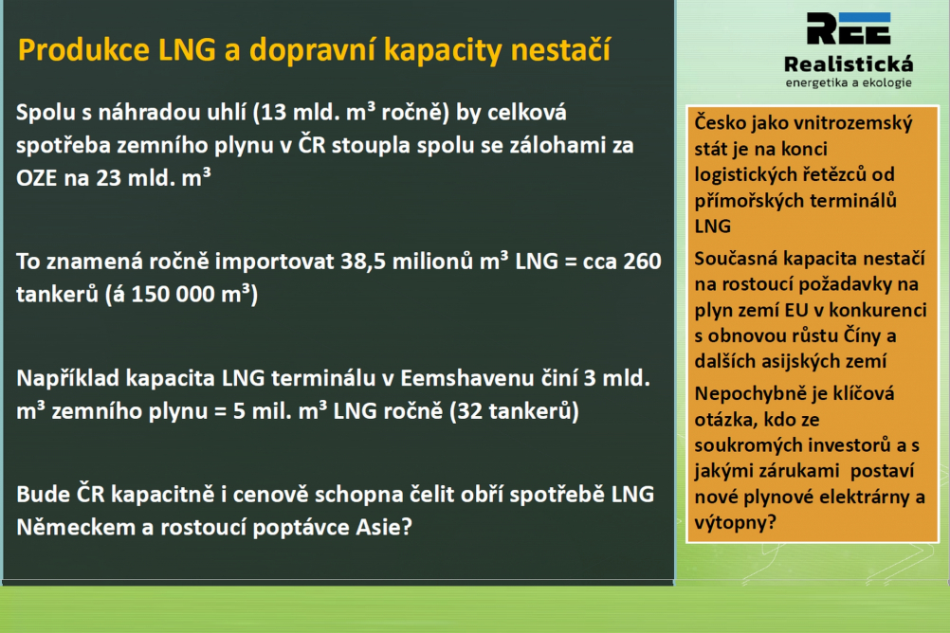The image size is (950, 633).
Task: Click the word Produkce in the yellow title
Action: [83, 49]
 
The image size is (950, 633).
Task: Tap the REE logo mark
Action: [849, 28]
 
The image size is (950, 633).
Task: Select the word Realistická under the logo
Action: [849, 63]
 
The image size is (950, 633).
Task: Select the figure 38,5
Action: [362, 262]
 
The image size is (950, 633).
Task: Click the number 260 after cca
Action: [642, 262]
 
